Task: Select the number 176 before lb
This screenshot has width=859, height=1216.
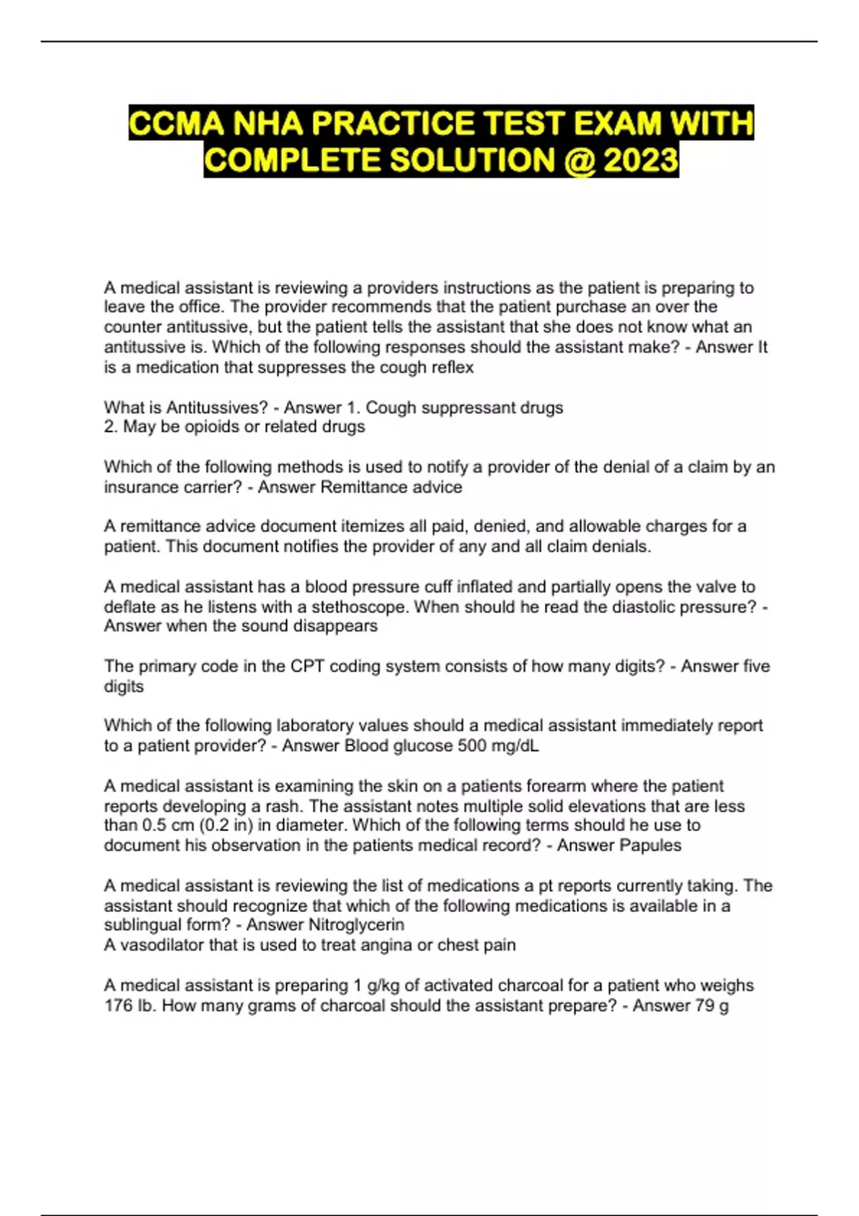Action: pos(118,1006)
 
